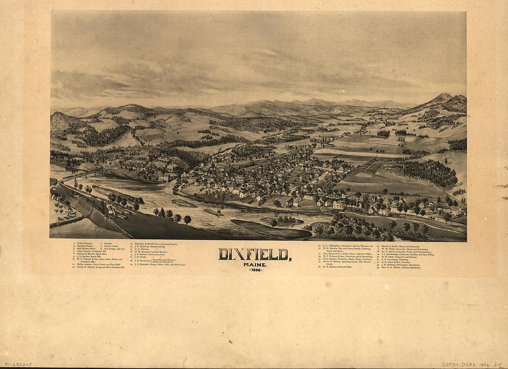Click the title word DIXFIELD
254,254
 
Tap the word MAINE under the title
250,264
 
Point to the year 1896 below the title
255,269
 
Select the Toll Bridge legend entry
114,249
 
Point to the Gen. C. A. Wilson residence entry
399,267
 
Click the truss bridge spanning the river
81,174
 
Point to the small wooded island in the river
286,221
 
